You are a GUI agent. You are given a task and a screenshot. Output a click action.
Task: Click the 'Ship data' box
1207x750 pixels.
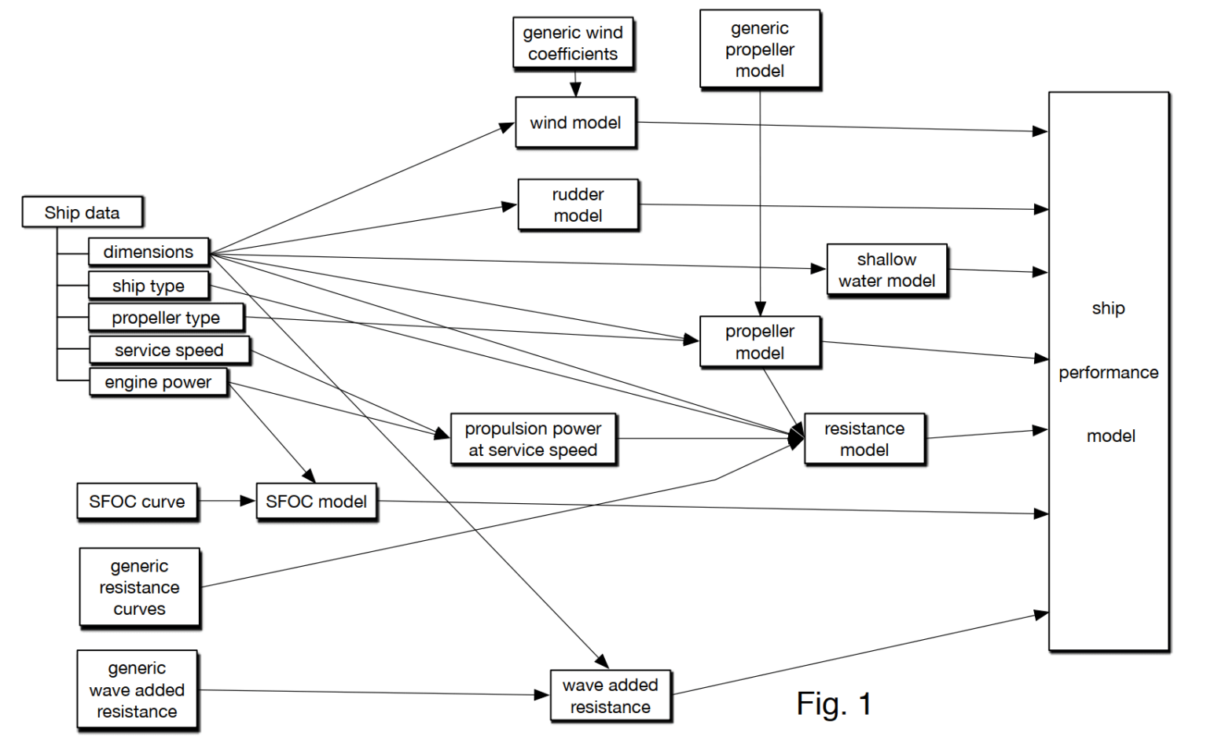(x=83, y=212)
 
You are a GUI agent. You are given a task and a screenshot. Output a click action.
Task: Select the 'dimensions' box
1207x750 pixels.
(x=149, y=252)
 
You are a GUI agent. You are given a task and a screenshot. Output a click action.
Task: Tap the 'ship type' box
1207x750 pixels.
(x=149, y=285)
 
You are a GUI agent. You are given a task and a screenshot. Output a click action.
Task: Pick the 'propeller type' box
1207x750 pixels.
(x=166, y=318)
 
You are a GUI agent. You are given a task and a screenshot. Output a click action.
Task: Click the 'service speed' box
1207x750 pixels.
(x=169, y=350)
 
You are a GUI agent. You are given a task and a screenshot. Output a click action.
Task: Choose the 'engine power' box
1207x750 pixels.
(x=158, y=382)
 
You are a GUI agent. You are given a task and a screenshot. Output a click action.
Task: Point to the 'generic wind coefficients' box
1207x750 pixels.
(x=573, y=43)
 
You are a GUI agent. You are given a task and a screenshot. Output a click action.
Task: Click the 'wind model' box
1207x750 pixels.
(x=575, y=123)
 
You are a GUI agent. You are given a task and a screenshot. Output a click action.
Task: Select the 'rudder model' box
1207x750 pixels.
(x=578, y=204)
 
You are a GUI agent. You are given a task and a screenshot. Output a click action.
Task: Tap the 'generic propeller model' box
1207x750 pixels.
(x=759, y=49)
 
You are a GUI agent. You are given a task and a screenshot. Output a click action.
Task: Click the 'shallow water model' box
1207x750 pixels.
(x=886, y=270)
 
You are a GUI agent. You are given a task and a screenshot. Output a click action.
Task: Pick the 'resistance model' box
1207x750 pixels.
(x=864, y=439)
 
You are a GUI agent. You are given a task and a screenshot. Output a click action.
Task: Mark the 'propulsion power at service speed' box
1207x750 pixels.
(x=533, y=439)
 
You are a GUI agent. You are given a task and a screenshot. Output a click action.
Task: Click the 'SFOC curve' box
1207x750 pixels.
(x=137, y=502)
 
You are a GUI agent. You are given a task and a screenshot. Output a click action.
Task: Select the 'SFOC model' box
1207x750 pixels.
(x=316, y=502)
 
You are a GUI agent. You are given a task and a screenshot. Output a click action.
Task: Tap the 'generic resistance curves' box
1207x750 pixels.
(x=139, y=587)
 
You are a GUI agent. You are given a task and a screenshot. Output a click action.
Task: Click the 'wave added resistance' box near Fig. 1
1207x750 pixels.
(x=610, y=696)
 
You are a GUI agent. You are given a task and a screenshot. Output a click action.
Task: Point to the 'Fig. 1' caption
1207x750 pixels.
(x=834, y=704)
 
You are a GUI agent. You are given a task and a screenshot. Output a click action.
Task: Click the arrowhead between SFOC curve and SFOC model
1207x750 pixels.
(x=248, y=501)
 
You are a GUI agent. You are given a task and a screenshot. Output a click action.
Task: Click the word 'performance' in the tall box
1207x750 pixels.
(x=1108, y=373)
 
